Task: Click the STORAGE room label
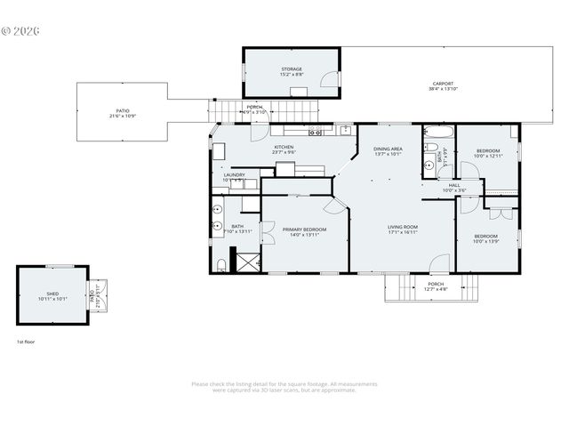click(292, 68)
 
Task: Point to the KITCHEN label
click(284, 147)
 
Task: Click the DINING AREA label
click(388, 149)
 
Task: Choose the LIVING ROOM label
click(403, 227)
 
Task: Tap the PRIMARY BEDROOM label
click(304, 230)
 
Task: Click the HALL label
click(453, 185)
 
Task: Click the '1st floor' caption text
click(26, 342)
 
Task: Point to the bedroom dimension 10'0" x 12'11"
click(487, 156)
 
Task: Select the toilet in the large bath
click(220, 264)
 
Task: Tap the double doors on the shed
click(98, 294)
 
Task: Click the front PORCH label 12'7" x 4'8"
click(435, 286)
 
